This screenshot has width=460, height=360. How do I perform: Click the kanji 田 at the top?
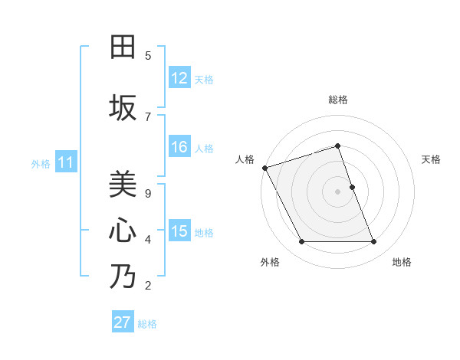pos(123,47)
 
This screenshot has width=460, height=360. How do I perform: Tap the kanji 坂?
pos(123,107)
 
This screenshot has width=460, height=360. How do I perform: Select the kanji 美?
pos(123,185)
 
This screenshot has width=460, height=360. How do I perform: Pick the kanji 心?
pos(123,231)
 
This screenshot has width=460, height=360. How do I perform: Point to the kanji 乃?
pos(123,277)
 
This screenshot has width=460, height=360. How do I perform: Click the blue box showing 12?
pos(179,78)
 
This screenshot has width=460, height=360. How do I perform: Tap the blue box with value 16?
pos(179,148)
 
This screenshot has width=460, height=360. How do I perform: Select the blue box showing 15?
pos(179,231)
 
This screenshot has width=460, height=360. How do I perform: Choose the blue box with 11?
pos(65,162)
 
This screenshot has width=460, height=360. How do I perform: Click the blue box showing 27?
pos(122,322)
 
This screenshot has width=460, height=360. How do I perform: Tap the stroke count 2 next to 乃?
pos(148,286)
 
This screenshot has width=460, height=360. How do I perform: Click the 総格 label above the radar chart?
pos(337,100)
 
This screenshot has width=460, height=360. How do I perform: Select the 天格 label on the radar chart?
pos(432,159)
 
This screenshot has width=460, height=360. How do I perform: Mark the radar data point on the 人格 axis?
pos(264,168)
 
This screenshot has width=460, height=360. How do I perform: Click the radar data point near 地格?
pos(374,242)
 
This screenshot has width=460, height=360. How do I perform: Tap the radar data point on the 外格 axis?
pos(301,242)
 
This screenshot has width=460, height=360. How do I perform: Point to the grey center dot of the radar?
pos(337,191)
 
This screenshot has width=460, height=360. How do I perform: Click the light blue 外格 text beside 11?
pos(41,163)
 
